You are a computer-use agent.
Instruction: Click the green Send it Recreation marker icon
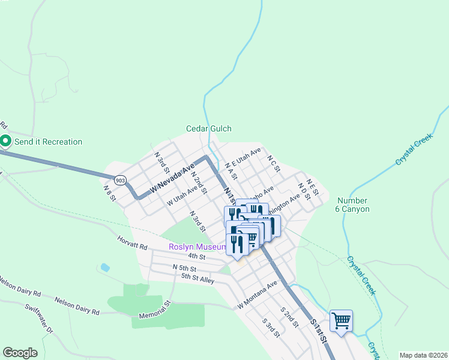coord(6,142)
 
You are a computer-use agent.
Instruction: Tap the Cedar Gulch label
coord(208,128)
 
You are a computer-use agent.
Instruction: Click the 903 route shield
coord(120,180)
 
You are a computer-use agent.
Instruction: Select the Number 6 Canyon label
coord(353,205)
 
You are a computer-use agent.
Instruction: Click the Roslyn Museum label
coord(196,247)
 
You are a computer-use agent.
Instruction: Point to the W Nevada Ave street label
coord(173,178)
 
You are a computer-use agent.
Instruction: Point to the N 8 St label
coord(109,191)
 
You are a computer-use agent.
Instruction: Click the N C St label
coord(274,164)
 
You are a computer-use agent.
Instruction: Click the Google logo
coord(20,353)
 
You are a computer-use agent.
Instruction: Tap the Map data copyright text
coord(423,355)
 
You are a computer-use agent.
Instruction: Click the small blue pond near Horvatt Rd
coord(106,266)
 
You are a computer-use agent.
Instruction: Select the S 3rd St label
coord(271,327)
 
